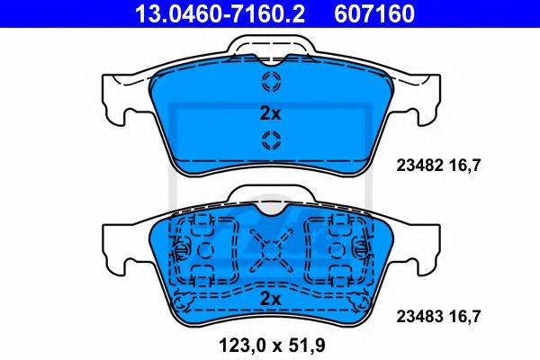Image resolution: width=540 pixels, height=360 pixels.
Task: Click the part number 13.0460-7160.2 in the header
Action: (x=220, y=13)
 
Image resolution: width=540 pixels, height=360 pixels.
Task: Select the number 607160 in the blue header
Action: (x=374, y=13)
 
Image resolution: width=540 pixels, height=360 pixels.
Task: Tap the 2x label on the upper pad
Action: (x=270, y=113)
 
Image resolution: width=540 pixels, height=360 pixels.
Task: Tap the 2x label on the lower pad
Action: (x=270, y=299)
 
